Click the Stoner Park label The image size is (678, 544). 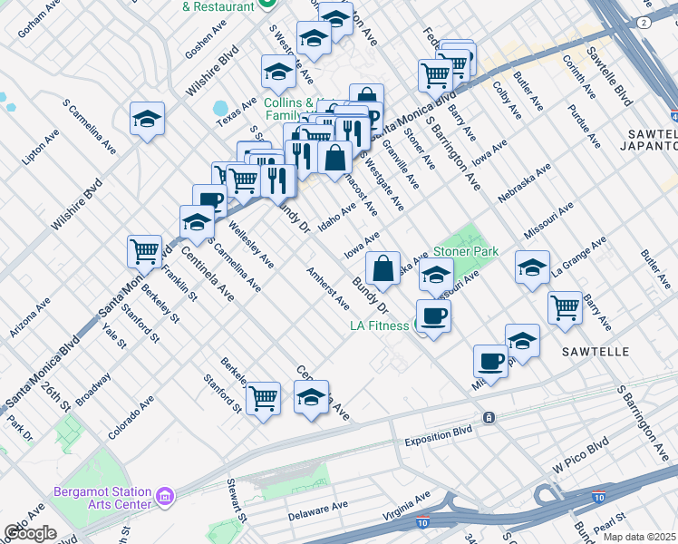click(467, 250)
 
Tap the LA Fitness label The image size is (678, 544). click(381, 325)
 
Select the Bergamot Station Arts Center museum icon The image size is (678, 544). click(165, 496)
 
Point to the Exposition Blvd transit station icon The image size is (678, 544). click(489, 417)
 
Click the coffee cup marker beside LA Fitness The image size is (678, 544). click(433, 316)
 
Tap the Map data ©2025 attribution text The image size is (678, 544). click(640, 537)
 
